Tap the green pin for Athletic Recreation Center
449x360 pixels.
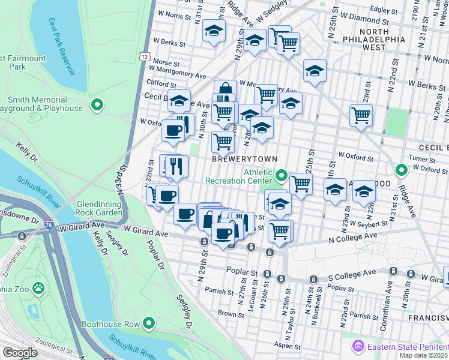tap(282, 176)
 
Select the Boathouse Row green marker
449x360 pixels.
tap(149, 325)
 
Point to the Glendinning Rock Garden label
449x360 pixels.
tap(100, 208)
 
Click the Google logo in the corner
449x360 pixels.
tap(20, 353)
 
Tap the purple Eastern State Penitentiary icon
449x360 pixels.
tap(358, 346)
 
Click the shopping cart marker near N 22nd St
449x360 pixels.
tap(361, 114)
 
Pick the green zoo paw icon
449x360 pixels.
tap(38, 288)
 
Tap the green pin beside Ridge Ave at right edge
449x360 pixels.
tap(402, 170)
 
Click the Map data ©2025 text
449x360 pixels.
tap(423, 355)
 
